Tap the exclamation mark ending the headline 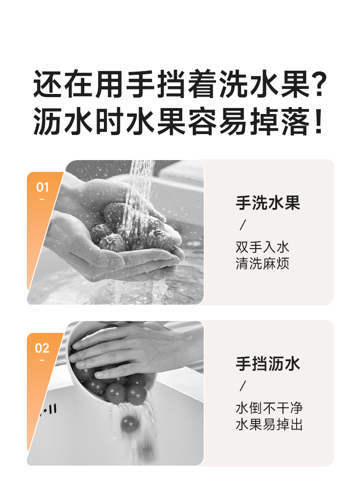point(318,121)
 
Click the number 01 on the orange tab point(42,187)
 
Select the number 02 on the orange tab point(42,348)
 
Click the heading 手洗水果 point(267,203)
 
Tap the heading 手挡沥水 point(267,364)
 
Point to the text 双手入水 point(262,247)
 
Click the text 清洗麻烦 point(262,264)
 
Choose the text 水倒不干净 point(269,408)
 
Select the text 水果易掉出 point(269,425)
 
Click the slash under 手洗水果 point(243,225)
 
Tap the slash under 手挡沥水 point(243,386)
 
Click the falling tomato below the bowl point(130,424)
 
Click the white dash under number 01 point(42,200)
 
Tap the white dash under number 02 point(42,361)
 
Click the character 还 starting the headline point(47,84)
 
